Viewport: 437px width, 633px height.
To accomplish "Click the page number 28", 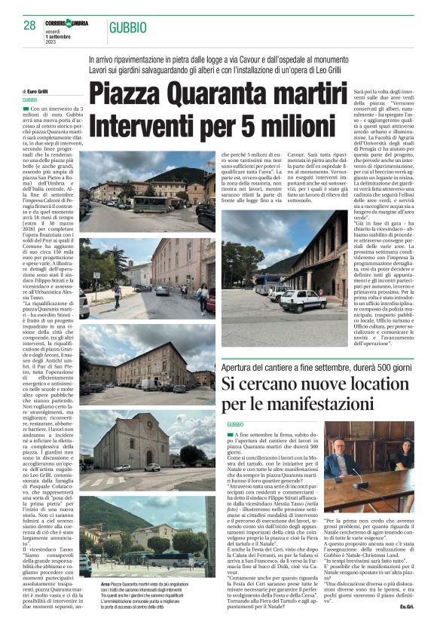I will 30,25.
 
